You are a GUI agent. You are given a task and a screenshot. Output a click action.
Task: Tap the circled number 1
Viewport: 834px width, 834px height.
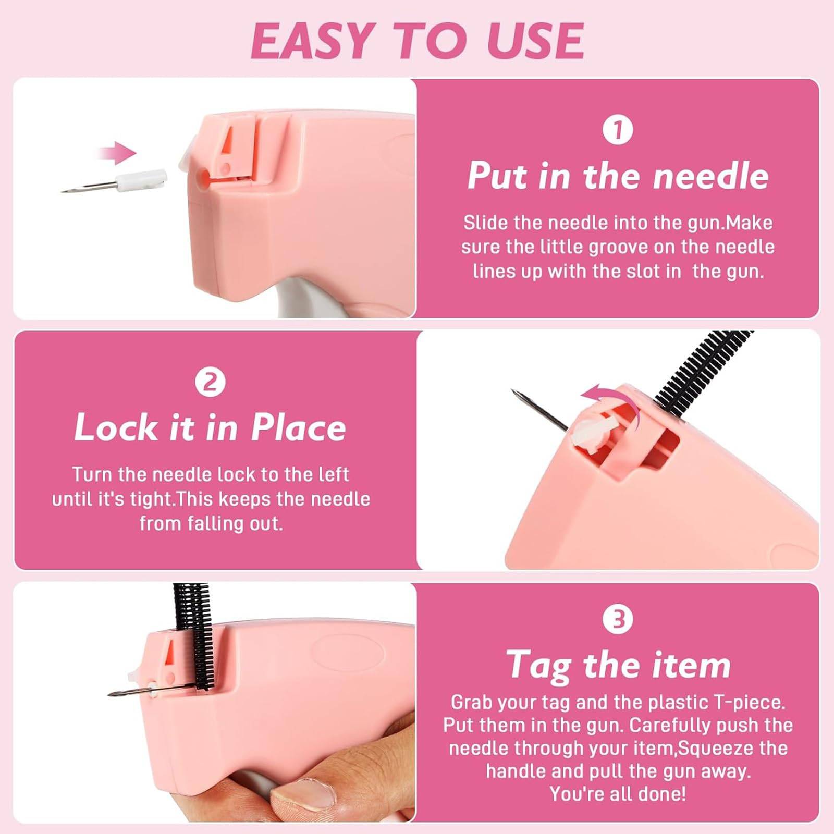click(618, 130)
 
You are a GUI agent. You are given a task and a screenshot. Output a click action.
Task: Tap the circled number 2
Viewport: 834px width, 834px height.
click(210, 383)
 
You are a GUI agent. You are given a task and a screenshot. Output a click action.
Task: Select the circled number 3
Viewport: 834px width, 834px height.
click(618, 619)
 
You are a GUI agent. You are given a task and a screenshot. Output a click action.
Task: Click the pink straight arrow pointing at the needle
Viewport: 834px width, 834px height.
click(117, 153)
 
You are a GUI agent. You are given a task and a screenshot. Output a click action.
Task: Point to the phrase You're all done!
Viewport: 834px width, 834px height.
click(618, 794)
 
